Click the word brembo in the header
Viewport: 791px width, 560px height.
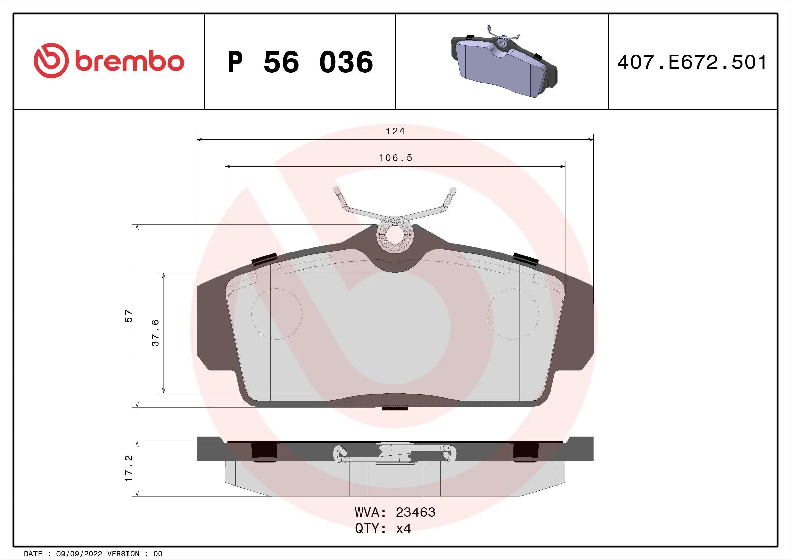pyautogui.click(x=130, y=62)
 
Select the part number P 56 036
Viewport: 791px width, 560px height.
pyautogui.click(x=300, y=62)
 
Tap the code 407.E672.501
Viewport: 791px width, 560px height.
pyautogui.click(x=692, y=62)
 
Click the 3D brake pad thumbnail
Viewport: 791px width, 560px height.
pyautogui.click(x=503, y=62)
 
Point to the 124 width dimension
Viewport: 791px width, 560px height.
pyautogui.click(x=395, y=131)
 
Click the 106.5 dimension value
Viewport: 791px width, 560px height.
pyautogui.click(x=395, y=158)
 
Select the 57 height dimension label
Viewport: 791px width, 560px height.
pyautogui.click(x=129, y=316)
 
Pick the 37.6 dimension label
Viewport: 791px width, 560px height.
pyautogui.click(x=156, y=332)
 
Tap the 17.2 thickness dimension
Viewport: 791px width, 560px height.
pyautogui.click(x=129, y=468)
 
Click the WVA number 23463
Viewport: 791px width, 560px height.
pyautogui.click(x=416, y=512)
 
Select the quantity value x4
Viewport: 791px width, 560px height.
pyautogui.click(x=403, y=528)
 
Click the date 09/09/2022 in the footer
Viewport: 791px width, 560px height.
pyautogui.click(x=79, y=554)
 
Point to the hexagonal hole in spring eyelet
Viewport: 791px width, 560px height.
pyautogui.click(x=395, y=234)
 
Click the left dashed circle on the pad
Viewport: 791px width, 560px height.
pyautogui.click(x=277, y=314)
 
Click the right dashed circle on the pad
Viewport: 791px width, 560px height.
pyautogui.click(x=513, y=314)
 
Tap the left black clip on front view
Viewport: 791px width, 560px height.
pyautogui.click(x=264, y=259)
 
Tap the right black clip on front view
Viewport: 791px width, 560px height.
pyautogui.click(x=526, y=259)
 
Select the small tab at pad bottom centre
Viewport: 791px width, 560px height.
pyautogui.click(x=395, y=409)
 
